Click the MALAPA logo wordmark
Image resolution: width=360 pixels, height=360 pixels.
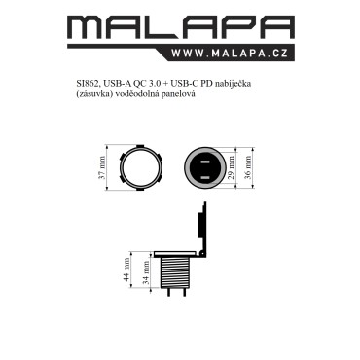point(181,26)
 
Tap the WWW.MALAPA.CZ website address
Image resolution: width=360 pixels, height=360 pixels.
point(230,53)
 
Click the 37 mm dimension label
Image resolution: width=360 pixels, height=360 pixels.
point(102,167)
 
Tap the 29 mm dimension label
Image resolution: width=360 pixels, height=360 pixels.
point(232,167)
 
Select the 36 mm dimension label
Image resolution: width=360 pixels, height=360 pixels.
point(248,167)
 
